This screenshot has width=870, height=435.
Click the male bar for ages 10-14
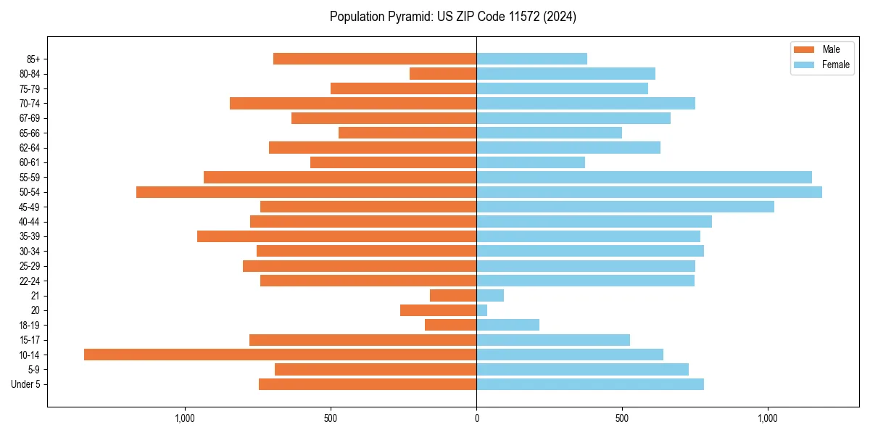(x=280, y=355)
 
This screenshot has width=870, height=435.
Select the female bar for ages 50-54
(x=649, y=192)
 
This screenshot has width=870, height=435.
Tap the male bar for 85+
(x=375, y=59)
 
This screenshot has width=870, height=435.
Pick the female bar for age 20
(x=482, y=310)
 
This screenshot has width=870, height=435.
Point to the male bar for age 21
(x=453, y=296)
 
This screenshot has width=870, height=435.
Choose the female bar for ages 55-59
(x=644, y=177)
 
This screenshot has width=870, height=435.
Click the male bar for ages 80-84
(x=443, y=73)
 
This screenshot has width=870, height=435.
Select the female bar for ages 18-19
(x=507, y=325)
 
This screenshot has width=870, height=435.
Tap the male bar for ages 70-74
(x=353, y=103)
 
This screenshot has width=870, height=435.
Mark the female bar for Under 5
(x=590, y=384)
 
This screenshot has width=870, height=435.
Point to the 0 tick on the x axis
(x=476, y=418)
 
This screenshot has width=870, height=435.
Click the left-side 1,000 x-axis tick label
(x=185, y=418)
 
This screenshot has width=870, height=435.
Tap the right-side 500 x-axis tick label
(x=622, y=418)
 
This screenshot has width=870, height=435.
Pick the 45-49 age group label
(x=30, y=207)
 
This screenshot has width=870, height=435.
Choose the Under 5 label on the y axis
(x=25, y=384)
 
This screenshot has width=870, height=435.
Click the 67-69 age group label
(x=30, y=118)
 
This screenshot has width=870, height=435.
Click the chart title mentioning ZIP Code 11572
(x=452, y=17)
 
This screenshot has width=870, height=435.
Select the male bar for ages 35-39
(x=336, y=236)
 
